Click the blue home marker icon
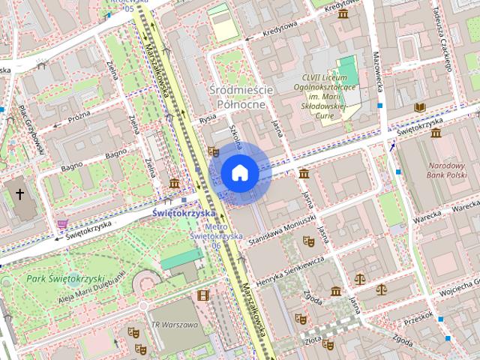240,172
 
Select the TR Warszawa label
175,325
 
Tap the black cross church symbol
19,195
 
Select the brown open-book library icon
419,108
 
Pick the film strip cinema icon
202,295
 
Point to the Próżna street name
79,118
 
